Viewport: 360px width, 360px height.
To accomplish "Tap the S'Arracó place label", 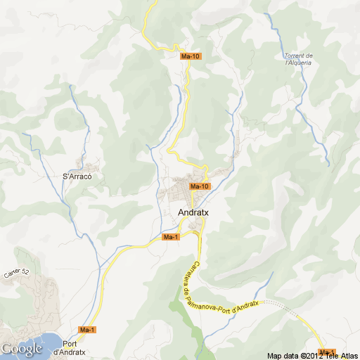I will pyautogui.click(x=77, y=176).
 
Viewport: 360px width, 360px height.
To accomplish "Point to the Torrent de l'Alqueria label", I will pyautogui.click(x=298, y=59).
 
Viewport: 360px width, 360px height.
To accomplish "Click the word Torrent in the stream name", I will pyautogui.click(x=299, y=56).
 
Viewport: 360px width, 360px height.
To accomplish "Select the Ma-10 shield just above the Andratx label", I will pyautogui.click(x=200, y=186).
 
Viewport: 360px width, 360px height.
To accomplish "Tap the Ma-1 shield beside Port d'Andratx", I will pyautogui.click(x=87, y=330).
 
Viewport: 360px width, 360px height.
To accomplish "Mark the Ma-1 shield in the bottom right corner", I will pyautogui.click(x=327, y=352).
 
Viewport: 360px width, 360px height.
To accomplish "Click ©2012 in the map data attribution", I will pyautogui.click(x=311, y=355).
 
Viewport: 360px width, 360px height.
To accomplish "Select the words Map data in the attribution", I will pyautogui.click(x=283, y=355).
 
